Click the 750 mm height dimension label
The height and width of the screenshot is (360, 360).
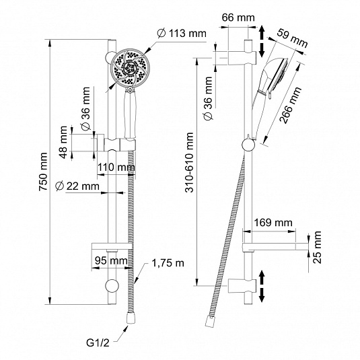[x=43, y=172]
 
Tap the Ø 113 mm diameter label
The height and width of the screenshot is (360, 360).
[x=182, y=34]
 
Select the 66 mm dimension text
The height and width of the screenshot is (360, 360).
[x=238, y=17]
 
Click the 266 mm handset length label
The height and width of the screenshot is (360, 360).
[x=291, y=106]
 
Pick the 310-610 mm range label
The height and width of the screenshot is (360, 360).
[x=190, y=162]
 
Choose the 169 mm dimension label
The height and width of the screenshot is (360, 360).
[x=273, y=223]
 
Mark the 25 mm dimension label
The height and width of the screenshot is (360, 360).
[x=317, y=247]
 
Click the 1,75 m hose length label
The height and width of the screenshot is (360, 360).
[x=168, y=263]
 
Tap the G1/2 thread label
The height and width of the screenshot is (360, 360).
[x=98, y=343]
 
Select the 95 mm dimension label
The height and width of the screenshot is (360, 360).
[x=111, y=261]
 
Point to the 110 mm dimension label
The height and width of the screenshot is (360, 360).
[x=116, y=167]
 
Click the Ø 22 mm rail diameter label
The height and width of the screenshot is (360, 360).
[x=77, y=186]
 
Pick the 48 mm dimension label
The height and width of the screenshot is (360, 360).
[x=63, y=142]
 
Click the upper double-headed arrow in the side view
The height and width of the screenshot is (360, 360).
[x=262, y=42]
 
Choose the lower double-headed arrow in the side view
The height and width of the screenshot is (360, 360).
[x=262, y=286]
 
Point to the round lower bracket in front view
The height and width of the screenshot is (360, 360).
[x=112, y=286]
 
